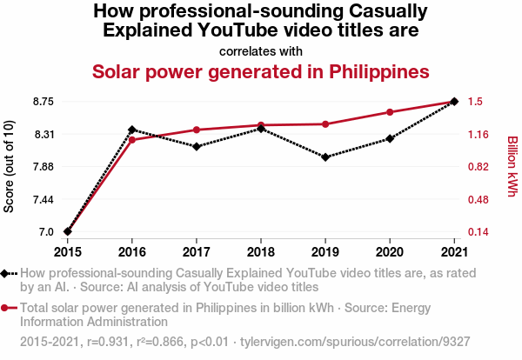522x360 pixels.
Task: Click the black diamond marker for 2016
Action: pyautogui.click(x=132, y=130)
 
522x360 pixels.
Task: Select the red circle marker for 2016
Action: pyautogui.click(x=132, y=139)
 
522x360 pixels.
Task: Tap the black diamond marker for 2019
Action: pyautogui.click(x=325, y=157)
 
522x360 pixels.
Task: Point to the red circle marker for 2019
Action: pyautogui.click(x=325, y=124)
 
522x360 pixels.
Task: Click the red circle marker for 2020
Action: pyautogui.click(x=390, y=112)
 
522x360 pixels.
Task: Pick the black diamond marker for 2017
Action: pyautogui.click(x=197, y=146)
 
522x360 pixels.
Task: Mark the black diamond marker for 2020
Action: pyautogui.click(x=390, y=138)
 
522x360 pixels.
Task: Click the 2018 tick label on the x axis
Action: pyautogui.click(x=261, y=252)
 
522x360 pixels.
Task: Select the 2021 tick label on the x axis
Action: pyautogui.click(x=454, y=252)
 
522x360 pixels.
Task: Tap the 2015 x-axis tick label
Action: pyautogui.click(x=68, y=252)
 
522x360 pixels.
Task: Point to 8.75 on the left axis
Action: pyautogui.click(x=40, y=102)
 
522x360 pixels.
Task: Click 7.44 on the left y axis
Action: pyautogui.click(x=40, y=199)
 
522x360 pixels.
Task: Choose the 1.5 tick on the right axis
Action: pyautogui.click(x=475, y=102)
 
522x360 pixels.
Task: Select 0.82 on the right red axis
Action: pyautogui.click(x=478, y=167)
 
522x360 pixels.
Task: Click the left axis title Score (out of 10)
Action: pyautogui.click(x=10, y=167)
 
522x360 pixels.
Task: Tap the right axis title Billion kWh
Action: pyautogui.click(x=512, y=167)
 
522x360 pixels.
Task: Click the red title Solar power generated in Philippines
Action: pyautogui.click(x=261, y=70)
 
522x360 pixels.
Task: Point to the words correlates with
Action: pyautogui.click(x=261, y=50)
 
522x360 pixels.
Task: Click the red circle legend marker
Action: pyautogui.click(x=6, y=308)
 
